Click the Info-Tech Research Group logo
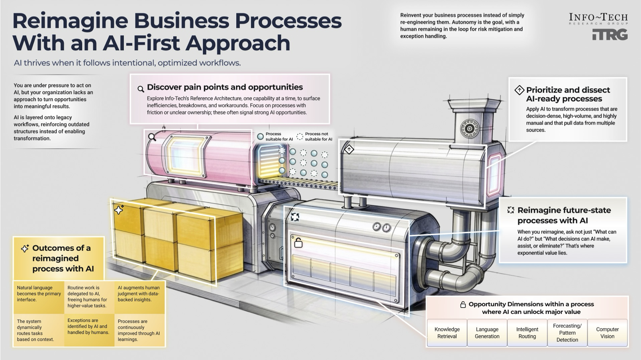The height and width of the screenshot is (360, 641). (598, 18)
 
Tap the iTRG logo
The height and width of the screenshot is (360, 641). (610, 35)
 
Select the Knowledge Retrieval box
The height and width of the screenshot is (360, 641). (447, 333)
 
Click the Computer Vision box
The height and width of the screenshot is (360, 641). (607, 333)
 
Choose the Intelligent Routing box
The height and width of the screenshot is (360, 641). (527, 333)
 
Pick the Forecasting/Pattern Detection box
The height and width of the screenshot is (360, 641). (567, 333)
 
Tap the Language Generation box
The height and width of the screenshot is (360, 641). (487, 333)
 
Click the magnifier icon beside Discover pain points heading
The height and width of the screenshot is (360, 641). (141, 89)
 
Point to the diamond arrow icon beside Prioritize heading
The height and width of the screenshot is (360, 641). (519, 90)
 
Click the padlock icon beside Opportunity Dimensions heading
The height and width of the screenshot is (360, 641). (463, 305)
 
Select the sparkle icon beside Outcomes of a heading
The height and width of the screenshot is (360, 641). (25, 249)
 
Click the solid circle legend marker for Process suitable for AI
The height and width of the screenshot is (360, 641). (260, 137)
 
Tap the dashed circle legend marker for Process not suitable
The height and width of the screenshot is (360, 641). (300, 137)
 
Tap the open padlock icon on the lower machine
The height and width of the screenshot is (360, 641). (298, 243)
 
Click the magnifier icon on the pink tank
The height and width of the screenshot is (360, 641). (152, 137)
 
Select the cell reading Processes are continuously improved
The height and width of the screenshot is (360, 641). (139, 330)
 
